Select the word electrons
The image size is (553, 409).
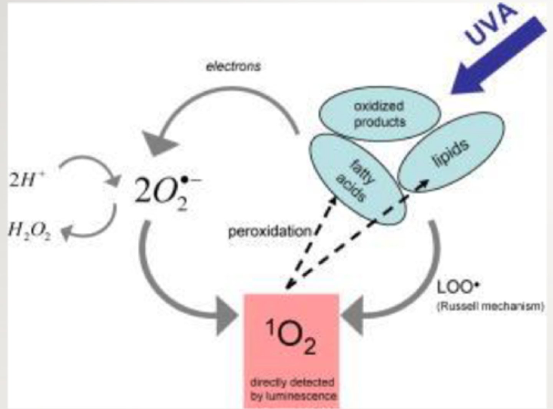pyautogui.click(x=233, y=66)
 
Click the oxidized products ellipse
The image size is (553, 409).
pyautogui.click(x=380, y=114)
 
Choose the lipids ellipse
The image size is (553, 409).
pyautogui.click(x=451, y=154)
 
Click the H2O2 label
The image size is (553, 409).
pyautogui.click(x=29, y=231)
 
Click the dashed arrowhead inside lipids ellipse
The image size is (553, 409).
pyautogui.click(x=422, y=185)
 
